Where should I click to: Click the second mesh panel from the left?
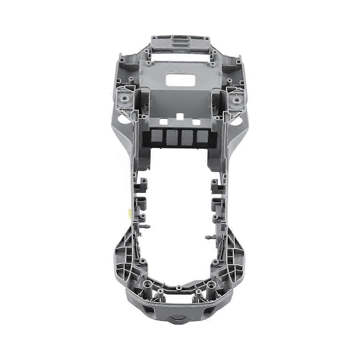click(x=171, y=138)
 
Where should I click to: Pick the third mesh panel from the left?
click(x=187, y=138)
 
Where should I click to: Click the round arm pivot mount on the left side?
click(x=125, y=98)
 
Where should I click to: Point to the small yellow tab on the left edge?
click(x=128, y=212)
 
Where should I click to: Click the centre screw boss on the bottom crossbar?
click(x=179, y=287)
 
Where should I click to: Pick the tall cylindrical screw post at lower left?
click(x=147, y=285)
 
